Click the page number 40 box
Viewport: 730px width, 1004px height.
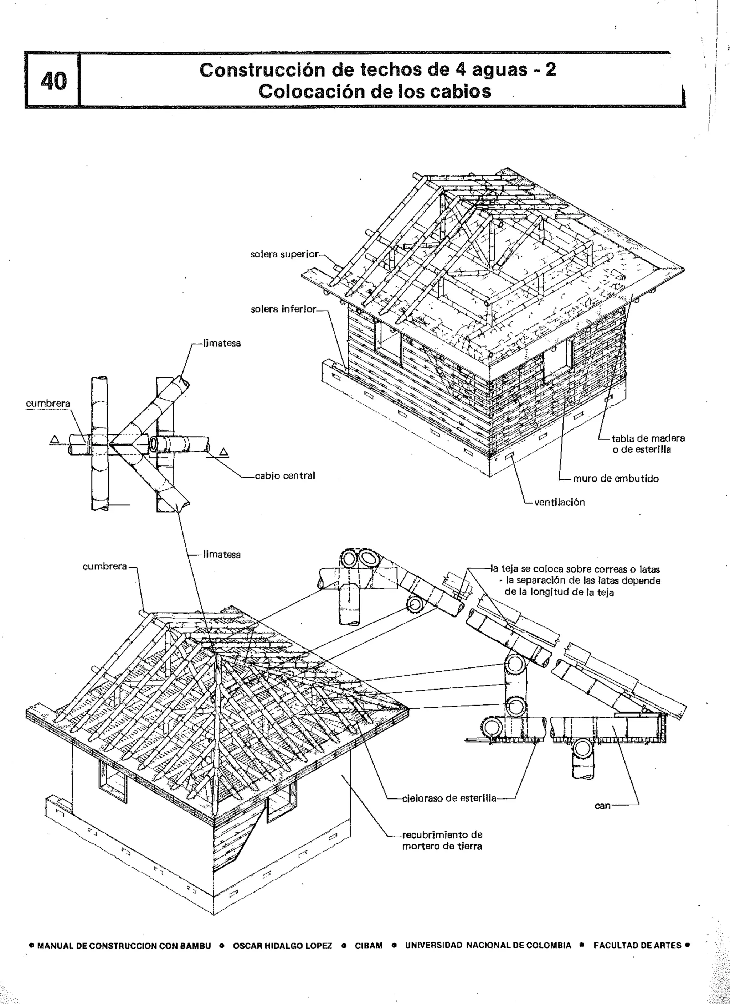coord(53,81)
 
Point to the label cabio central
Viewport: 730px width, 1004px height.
coord(285,476)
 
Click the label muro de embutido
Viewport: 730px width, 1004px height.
coord(615,479)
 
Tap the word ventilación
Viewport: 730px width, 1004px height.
coord(560,503)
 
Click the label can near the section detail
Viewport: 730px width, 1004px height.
coord(602,806)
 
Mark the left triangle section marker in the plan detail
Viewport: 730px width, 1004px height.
coord(55,439)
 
